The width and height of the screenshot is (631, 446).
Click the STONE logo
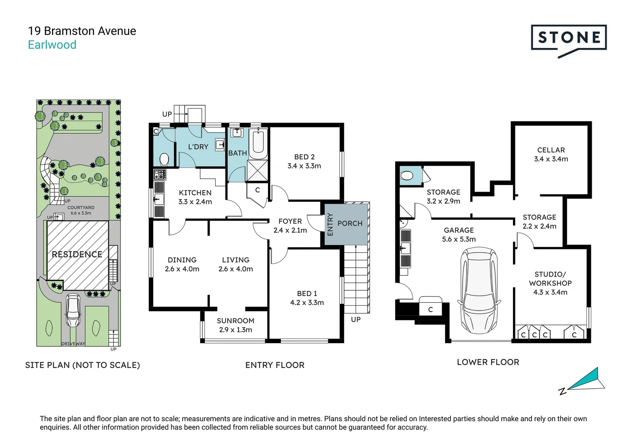pos(569,39)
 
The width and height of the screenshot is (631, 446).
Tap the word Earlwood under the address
pos(52,45)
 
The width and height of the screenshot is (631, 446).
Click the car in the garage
pos(479,290)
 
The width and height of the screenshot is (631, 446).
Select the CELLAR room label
pos(551,150)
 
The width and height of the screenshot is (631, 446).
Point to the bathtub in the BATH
pos(258,143)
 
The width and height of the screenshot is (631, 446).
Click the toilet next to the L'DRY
pos(164,159)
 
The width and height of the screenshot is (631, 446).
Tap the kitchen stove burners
pos(160,174)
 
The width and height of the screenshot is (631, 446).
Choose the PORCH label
pos(350,223)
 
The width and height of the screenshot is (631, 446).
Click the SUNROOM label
pos(235,320)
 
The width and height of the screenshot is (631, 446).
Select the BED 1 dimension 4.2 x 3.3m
pos(307,303)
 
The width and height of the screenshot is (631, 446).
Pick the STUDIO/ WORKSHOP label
pos(550,279)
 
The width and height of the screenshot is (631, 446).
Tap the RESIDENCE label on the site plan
pos(77,254)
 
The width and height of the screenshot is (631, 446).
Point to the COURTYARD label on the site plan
pos(81,207)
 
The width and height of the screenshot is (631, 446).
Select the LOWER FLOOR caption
pos(488,362)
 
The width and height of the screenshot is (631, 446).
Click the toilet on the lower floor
pos(406,176)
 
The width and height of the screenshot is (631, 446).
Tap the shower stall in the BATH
pos(257,171)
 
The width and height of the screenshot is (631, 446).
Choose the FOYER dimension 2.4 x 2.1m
pos(290,230)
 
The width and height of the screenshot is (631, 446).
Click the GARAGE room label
pos(459,230)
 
